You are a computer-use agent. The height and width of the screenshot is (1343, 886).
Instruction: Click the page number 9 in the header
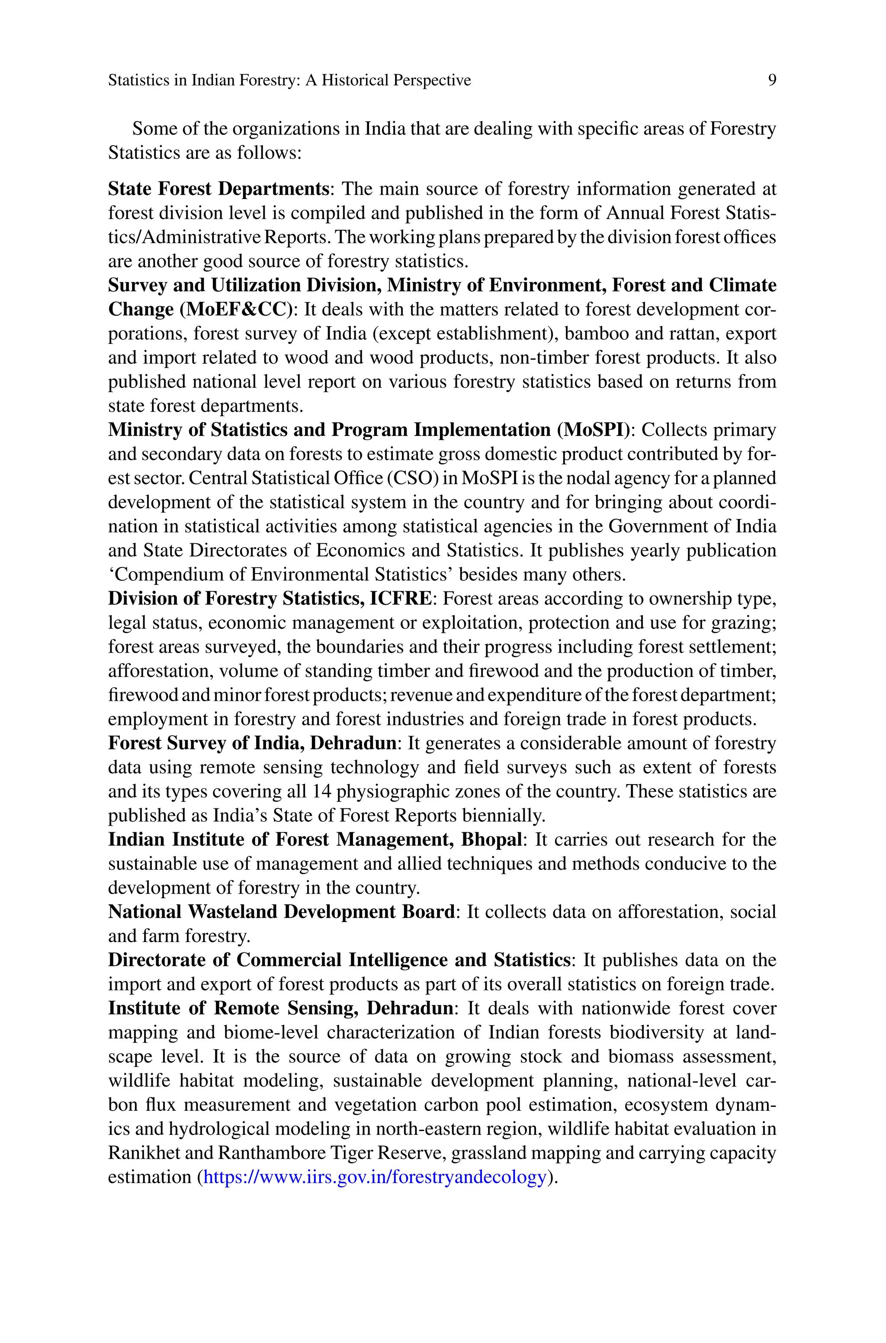tap(772, 81)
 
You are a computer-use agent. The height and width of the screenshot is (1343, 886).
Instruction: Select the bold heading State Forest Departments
tap(218, 189)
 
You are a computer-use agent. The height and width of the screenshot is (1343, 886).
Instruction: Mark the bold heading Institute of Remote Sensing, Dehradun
tap(280, 1009)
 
